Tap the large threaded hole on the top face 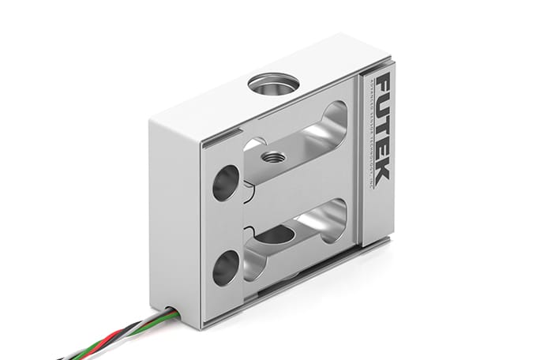pyautogui.click(x=272, y=82)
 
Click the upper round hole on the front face pyautogui.click(x=225, y=183)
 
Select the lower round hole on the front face pyautogui.click(x=225, y=267)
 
